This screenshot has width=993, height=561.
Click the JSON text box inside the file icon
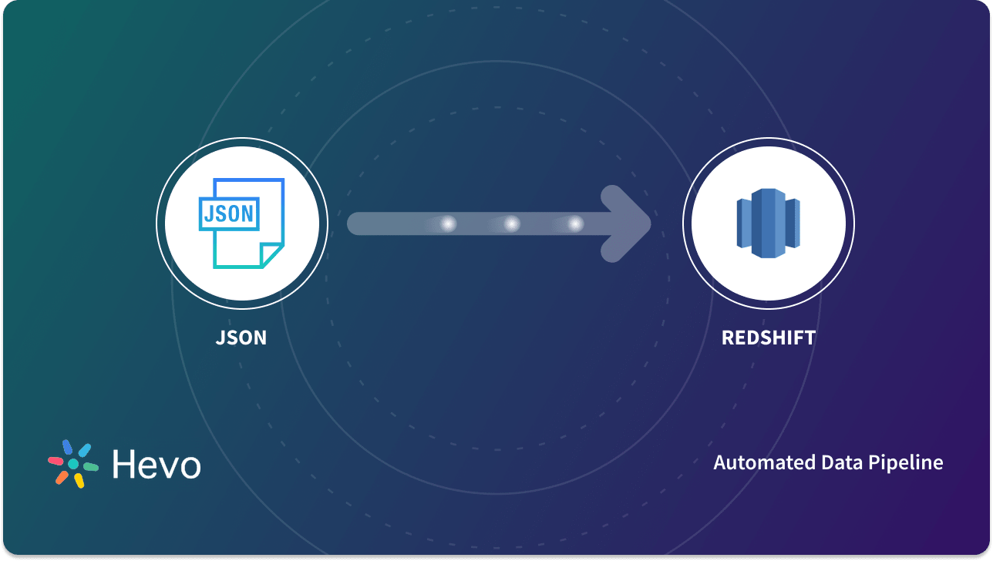pyautogui.click(x=229, y=213)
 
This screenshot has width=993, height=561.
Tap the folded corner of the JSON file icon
pyautogui.click(x=271, y=255)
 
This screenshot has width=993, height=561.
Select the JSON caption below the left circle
pyautogui.click(x=241, y=338)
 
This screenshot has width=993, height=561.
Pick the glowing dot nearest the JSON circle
pyautogui.click(x=447, y=223)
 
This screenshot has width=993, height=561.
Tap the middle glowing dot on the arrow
pyautogui.click(x=511, y=223)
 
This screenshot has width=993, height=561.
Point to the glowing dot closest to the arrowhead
pyautogui.click(x=575, y=223)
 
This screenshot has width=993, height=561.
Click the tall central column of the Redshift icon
pyautogui.click(x=768, y=223)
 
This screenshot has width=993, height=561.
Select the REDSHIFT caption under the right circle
pyautogui.click(x=768, y=338)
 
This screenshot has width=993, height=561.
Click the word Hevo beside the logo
pyautogui.click(x=157, y=465)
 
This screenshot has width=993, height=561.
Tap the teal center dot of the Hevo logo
pyautogui.click(x=73, y=464)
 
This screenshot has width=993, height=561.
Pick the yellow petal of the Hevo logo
pyautogui.click(x=79, y=480)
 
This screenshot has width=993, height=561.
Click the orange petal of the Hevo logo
pyautogui.click(x=62, y=477)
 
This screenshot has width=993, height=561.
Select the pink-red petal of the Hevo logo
pyautogui.click(x=56, y=461)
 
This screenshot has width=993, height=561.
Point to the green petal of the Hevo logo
pyautogui.click(x=90, y=467)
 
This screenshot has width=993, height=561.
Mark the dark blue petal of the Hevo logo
pyautogui.click(x=68, y=447)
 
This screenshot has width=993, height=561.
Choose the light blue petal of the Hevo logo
pyautogui.click(x=84, y=449)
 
